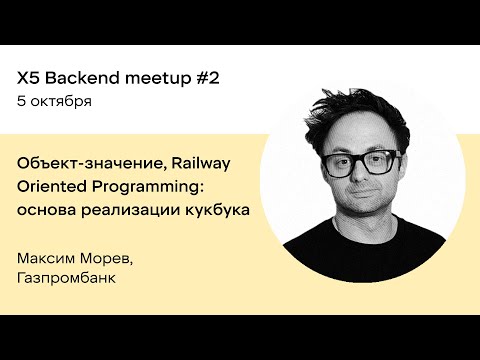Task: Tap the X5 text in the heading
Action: pos(30,77)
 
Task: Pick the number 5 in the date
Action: pos(22,101)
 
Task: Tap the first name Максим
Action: pos(48,259)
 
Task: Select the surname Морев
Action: pos(110,259)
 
